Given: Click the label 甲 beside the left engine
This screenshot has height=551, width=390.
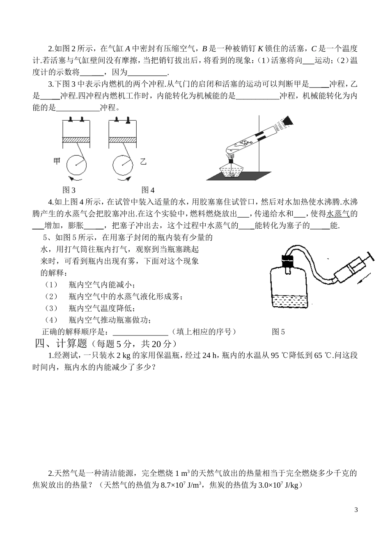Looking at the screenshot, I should [x=57, y=161].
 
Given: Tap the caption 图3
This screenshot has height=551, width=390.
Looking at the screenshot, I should [x=69, y=190].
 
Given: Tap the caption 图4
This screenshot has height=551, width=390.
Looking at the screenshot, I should [x=148, y=190].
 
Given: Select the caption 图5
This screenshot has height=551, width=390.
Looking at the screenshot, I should [x=278, y=332].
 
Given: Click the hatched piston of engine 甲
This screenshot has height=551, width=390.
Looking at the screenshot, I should [x=76, y=140].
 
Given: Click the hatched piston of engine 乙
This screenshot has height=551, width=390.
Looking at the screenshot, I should [x=122, y=140].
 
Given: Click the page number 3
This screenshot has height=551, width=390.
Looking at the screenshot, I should [x=356, y=510].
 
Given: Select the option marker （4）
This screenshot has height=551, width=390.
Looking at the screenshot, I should [x=51, y=320].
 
